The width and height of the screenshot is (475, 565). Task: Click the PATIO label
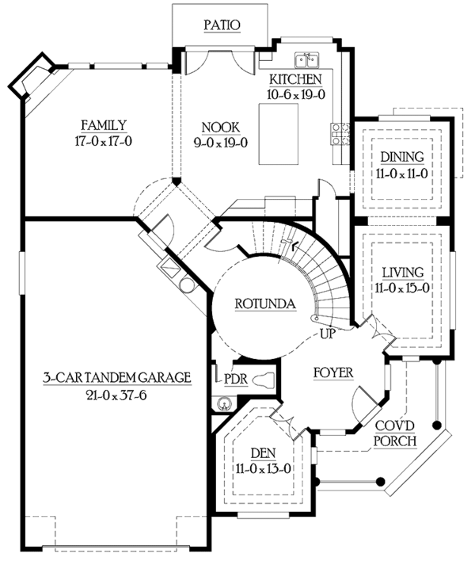coord(222,25)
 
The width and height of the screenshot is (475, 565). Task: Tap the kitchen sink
coord(306,59)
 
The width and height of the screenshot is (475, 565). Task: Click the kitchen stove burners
coord(341,134)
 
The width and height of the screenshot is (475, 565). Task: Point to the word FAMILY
coord(104,124)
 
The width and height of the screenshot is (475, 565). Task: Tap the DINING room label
coord(401,157)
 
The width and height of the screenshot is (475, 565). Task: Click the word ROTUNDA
coord(266,303)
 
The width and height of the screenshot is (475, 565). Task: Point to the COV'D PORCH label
coord(392,433)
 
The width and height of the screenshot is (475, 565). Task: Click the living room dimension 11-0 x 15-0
coord(401,288)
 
